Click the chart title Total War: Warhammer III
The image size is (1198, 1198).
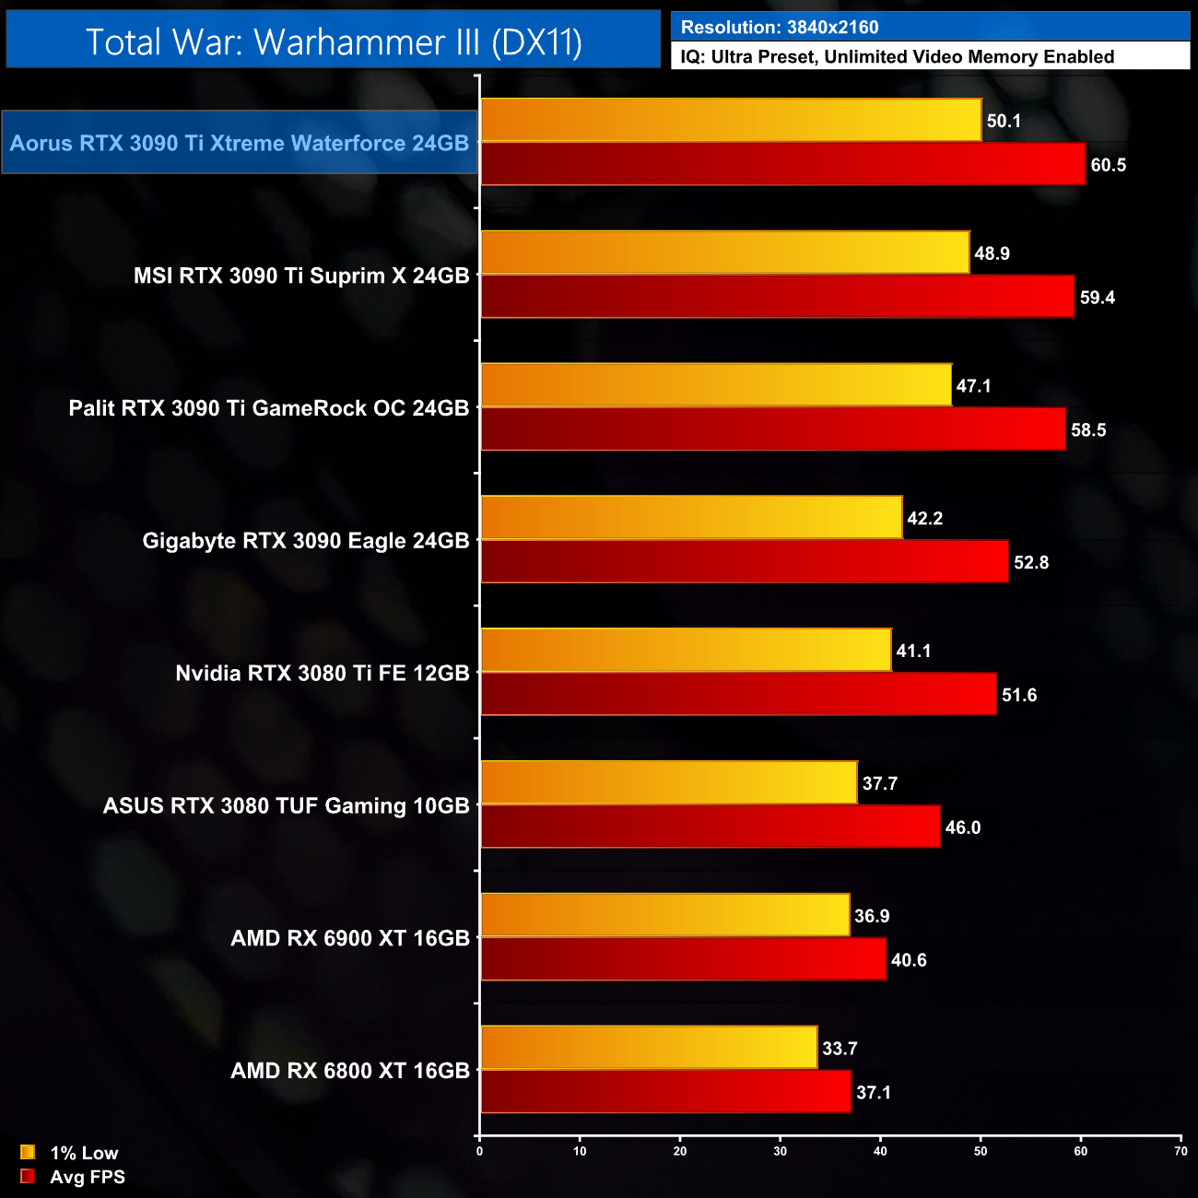(x=334, y=42)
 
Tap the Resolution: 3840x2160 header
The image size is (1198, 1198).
(x=780, y=28)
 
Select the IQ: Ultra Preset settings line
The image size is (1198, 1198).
(x=897, y=57)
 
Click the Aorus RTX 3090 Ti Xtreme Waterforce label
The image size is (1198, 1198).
(x=240, y=143)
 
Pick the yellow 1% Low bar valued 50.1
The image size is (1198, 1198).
(x=731, y=120)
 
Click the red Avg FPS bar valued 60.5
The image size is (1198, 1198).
(x=782, y=164)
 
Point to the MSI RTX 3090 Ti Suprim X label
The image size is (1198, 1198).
(x=301, y=276)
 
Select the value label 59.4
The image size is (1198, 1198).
(x=1097, y=298)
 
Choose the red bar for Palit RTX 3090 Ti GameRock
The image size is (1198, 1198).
(x=772, y=429)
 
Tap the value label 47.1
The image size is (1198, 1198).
(x=973, y=386)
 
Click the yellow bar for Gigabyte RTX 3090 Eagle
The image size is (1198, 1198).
(x=691, y=518)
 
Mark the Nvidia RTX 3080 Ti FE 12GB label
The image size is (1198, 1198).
(x=323, y=673)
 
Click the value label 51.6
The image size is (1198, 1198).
(x=1019, y=695)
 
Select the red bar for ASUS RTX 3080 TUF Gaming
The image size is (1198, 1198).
(x=710, y=827)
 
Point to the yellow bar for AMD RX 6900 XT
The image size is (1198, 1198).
(x=664, y=915)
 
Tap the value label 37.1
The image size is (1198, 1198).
(x=873, y=1093)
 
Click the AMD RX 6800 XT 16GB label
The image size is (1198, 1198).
(x=350, y=1071)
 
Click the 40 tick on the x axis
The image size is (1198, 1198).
(x=880, y=1151)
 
